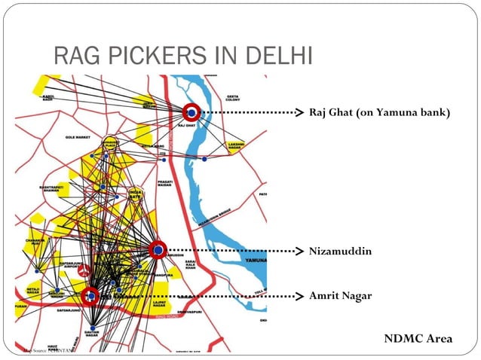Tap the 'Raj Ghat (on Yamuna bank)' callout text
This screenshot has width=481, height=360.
(379, 113)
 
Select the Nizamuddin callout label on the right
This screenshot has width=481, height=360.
(340, 249)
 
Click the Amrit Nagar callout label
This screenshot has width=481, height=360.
(340, 295)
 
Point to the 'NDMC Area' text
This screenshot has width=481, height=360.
(418, 338)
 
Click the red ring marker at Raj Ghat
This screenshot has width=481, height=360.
(191, 112)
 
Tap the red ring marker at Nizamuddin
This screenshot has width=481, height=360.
(158, 249)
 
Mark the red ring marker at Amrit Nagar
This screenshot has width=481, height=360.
(90, 296)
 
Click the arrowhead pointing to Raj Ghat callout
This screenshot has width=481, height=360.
(299, 113)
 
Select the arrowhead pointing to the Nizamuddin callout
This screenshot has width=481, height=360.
(299, 249)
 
